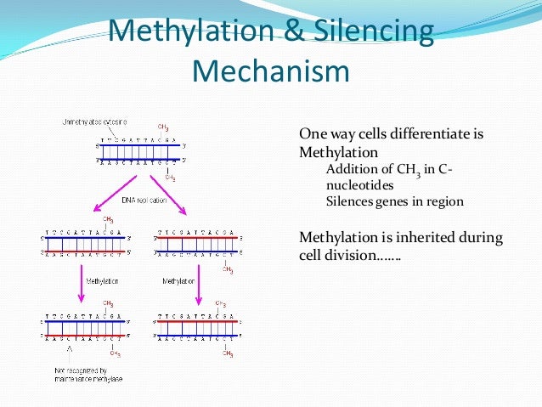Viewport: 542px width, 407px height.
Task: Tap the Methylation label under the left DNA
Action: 101,280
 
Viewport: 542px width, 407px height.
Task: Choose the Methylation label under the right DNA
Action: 179,280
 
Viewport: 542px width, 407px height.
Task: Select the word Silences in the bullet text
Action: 350,202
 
